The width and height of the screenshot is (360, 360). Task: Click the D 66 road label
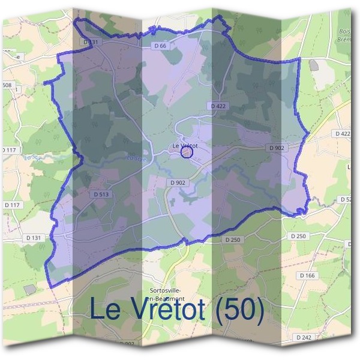159,46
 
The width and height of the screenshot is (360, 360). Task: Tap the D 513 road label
101,194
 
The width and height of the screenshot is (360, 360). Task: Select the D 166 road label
307,275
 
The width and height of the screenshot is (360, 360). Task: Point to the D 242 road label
304,338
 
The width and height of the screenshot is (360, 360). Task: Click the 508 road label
7,85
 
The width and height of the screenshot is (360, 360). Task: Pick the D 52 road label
345,199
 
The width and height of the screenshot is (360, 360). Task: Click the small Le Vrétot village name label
185,145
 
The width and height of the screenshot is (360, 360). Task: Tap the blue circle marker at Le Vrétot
187,152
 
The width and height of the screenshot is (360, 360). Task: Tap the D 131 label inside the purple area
91,43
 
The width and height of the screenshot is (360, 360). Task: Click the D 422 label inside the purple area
219,106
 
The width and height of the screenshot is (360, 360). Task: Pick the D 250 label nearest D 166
298,236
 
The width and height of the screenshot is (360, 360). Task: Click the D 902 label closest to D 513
177,182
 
